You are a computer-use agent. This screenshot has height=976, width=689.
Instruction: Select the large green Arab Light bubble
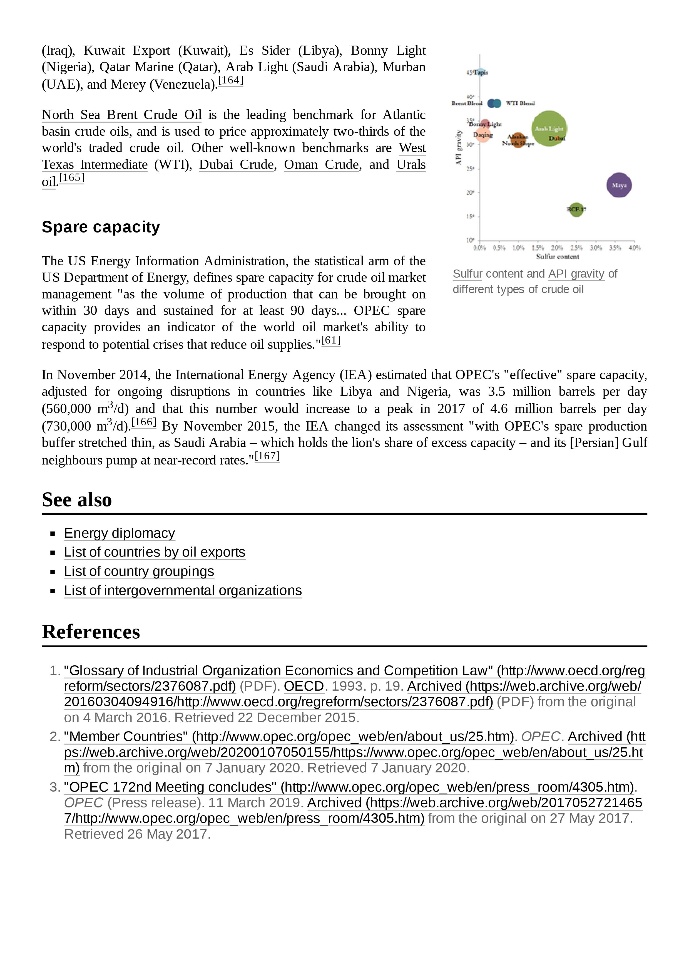[x=549, y=129]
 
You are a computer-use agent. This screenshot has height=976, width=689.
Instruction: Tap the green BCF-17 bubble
[x=576, y=209]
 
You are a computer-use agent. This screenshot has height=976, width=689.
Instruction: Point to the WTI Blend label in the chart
[x=520, y=103]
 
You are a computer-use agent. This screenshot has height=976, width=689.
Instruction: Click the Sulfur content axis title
[x=557, y=256]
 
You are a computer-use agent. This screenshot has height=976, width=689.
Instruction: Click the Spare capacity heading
[x=101, y=227]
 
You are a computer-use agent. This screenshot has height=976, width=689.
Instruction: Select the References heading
[x=91, y=632]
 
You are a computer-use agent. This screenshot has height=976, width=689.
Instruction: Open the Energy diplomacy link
[x=119, y=533]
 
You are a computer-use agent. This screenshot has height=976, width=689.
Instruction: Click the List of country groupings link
[x=139, y=571]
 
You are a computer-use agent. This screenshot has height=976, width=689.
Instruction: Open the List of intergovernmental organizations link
[x=183, y=590]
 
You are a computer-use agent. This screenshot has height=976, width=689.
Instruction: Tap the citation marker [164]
[x=231, y=80]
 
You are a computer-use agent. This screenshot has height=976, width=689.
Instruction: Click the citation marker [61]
[x=331, y=340]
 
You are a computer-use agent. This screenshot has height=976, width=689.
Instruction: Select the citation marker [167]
[x=267, y=456]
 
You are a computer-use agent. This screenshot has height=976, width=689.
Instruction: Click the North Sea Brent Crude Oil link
[x=121, y=115]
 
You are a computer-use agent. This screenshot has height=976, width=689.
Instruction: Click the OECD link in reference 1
[x=304, y=686]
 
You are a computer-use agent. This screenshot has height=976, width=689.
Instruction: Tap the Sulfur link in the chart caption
[x=467, y=274]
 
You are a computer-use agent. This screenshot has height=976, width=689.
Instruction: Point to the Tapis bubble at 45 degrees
[x=481, y=73]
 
